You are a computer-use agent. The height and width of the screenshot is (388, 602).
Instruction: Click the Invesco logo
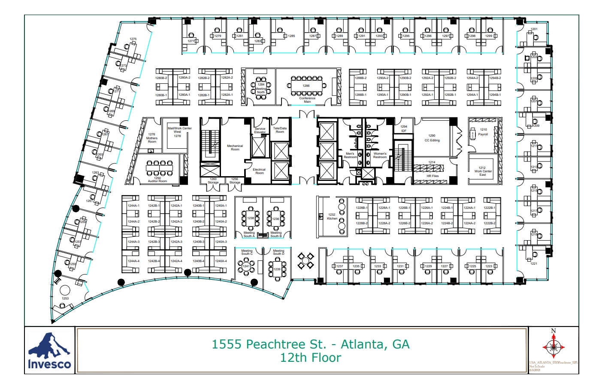(49, 351)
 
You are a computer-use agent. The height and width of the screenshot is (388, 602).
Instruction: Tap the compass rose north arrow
(553, 346)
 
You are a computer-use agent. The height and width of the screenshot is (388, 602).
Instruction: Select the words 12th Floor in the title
(310, 357)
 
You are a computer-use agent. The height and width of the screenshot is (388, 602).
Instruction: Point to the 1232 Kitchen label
(332, 217)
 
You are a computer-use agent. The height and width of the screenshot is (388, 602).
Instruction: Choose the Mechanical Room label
(235, 147)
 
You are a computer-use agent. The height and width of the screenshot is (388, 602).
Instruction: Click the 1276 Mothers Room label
(152, 138)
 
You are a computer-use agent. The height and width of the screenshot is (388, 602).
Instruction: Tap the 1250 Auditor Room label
(157, 180)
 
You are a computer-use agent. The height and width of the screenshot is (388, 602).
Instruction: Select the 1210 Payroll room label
(483, 132)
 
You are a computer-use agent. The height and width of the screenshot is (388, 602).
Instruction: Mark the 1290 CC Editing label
(432, 138)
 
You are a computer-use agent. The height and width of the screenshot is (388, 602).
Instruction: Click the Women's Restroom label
(380, 155)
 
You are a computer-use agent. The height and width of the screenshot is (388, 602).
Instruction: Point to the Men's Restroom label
(350, 155)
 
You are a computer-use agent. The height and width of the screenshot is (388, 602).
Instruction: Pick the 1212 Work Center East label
(483, 171)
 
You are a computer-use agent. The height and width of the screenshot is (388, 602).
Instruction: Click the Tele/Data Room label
(280, 130)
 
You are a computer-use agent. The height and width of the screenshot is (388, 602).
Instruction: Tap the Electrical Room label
(259, 171)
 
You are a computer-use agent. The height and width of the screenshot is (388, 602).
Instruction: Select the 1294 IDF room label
(403, 128)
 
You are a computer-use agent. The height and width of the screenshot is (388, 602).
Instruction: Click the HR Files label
(433, 176)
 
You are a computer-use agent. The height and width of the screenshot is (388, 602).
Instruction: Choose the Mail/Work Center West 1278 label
(179, 132)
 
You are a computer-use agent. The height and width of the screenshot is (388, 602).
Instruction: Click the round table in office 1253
(65, 290)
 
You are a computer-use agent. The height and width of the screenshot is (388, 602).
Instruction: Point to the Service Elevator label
(260, 130)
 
